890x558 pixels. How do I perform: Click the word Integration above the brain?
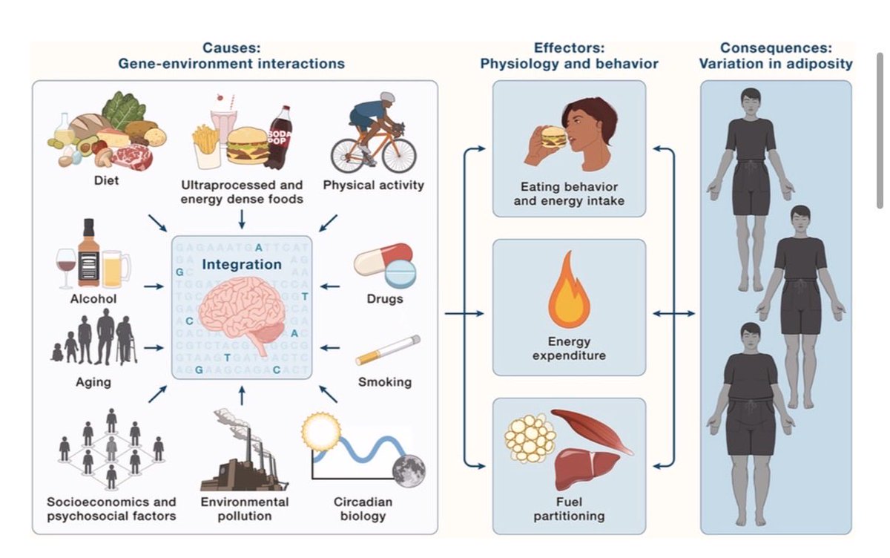click(242, 264)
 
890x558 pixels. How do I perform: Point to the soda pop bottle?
click(280, 137)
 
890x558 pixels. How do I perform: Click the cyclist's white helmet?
click(387, 96)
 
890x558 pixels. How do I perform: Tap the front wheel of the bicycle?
click(399, 155)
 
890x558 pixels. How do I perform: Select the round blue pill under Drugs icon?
click(400, 275)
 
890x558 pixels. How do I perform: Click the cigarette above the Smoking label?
click(388, 349)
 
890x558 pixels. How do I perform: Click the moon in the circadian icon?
click(409, 471)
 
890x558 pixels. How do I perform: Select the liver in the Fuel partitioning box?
click(585, 469)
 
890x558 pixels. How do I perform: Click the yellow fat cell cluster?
click(530, 439)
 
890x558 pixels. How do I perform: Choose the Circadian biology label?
click(363, 509)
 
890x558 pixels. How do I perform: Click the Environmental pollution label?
click(245, 509)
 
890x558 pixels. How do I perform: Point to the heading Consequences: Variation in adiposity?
click(776, 56)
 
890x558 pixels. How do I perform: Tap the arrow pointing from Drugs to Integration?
click(330, 286)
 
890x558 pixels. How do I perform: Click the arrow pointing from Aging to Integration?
click(154, 348)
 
